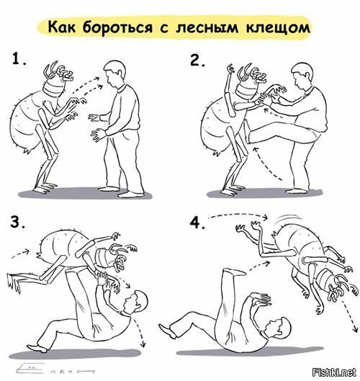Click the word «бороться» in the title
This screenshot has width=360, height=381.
(118, 27)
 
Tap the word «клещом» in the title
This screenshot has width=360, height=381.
(278, 27)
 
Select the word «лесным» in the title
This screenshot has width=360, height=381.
(207, 27)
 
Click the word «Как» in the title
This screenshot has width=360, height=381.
(62, 27)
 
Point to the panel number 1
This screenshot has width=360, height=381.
(19, 59)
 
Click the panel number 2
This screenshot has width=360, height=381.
(197, 60)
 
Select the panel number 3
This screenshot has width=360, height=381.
(17, 222)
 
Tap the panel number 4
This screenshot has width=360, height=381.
(197, 223)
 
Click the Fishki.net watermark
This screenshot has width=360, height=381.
(335, 372)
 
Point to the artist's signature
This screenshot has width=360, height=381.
(55, 369)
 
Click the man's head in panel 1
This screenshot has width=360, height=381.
(115, 73)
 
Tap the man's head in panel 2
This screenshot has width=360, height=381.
(302, 76)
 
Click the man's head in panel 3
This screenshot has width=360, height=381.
(135, 302)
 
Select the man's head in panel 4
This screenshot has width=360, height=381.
(279, 328)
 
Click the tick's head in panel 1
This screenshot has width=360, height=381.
(58, 79)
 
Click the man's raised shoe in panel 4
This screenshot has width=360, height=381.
(234, 272)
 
